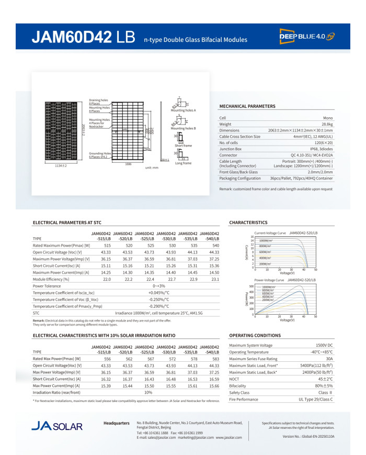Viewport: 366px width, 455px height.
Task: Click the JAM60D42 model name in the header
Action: click(x=72, y=37)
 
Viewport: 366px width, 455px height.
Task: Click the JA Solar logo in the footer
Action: click(x=56, y=425)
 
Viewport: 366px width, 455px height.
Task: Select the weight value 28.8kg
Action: click(x=326, y=124)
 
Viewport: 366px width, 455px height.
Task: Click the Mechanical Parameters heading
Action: click(x=247, y=106)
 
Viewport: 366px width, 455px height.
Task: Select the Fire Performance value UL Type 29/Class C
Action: click(x=315, y=399)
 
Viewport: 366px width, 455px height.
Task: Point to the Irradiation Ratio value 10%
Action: click(x=148, y=392)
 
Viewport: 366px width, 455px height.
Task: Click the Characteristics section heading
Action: click(x=248, y=223)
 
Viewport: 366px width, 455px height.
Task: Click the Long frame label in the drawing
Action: click(x=183, y=163)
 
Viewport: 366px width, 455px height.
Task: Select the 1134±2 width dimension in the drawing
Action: click(x=61, y=165)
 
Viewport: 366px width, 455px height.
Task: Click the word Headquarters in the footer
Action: click(x=117, y=422)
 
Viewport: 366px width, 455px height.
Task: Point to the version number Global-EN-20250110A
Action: click(x=308, y=436)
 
